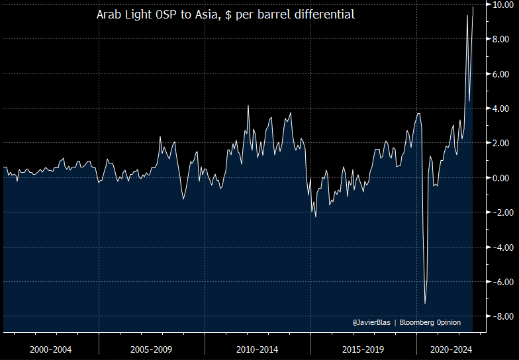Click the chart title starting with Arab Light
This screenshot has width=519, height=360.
(226, 14)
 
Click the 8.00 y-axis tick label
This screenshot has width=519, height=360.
(500, 40)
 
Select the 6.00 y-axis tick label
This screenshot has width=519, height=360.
(500, 74)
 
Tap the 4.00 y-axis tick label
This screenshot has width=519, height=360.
(500, 109)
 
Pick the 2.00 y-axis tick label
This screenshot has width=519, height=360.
(500, 143)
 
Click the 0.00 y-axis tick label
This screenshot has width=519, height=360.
(500, 178)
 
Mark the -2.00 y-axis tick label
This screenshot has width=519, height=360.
(498, 212)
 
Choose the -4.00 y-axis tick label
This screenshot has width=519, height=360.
(498, 247)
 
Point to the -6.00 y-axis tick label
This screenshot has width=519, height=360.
(498, 282)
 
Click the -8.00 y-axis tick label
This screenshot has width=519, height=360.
(498, 316)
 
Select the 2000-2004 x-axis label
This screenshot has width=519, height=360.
(50, 349)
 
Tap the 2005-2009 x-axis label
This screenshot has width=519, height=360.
(152, 349)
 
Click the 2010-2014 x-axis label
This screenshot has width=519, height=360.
(257, 349)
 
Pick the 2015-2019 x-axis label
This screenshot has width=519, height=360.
(363, 349)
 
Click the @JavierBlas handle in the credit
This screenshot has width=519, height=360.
(371, 322)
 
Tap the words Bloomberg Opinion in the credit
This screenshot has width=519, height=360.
(430, 322)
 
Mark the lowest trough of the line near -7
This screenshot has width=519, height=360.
(425, 303)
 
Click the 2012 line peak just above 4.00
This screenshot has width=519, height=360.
(248, 106)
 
